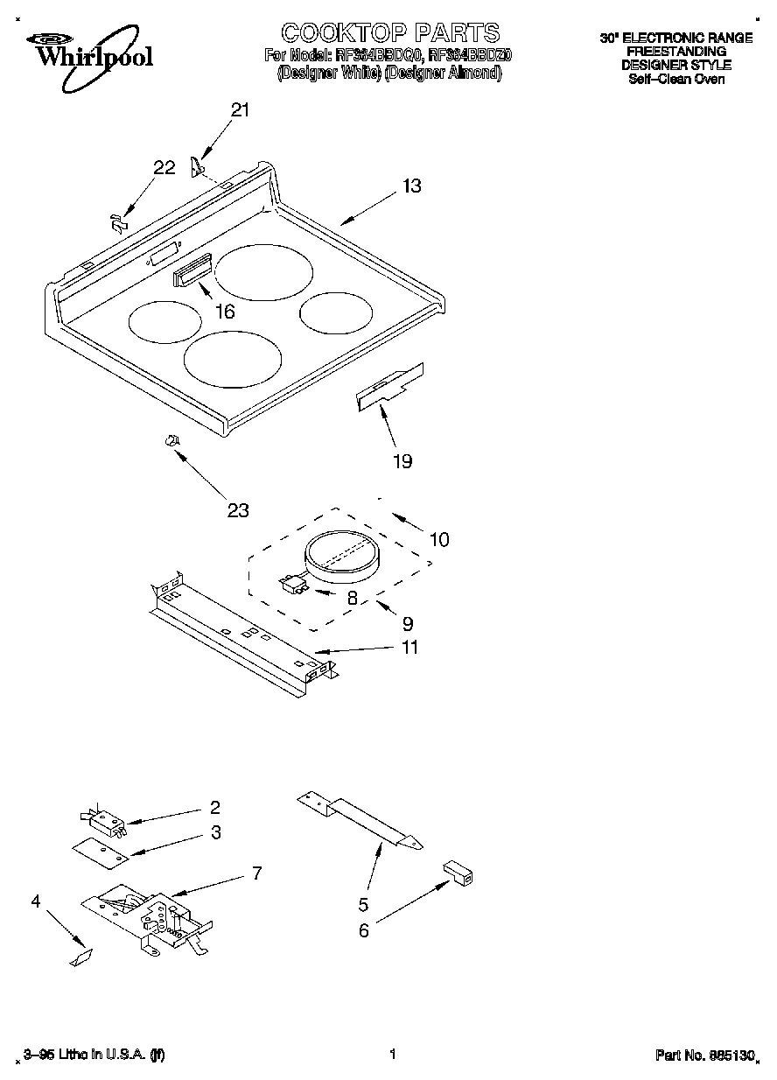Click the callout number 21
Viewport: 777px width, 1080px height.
click(x=240, y=110)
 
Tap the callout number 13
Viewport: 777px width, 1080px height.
click(x=412, y=186)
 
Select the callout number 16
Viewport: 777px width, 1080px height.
click(x=225, y=311)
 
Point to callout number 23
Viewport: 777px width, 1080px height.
click(x=238, y=510)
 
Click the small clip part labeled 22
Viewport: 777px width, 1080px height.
click(x=116, y=222)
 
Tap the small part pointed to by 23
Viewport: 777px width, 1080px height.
click(x=172, y=440)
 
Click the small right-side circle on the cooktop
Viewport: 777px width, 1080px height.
click(x=334, y=312)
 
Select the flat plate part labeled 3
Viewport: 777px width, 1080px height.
click(x=99, y=852)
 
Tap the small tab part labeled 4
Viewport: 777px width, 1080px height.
click(x=80, y=958)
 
